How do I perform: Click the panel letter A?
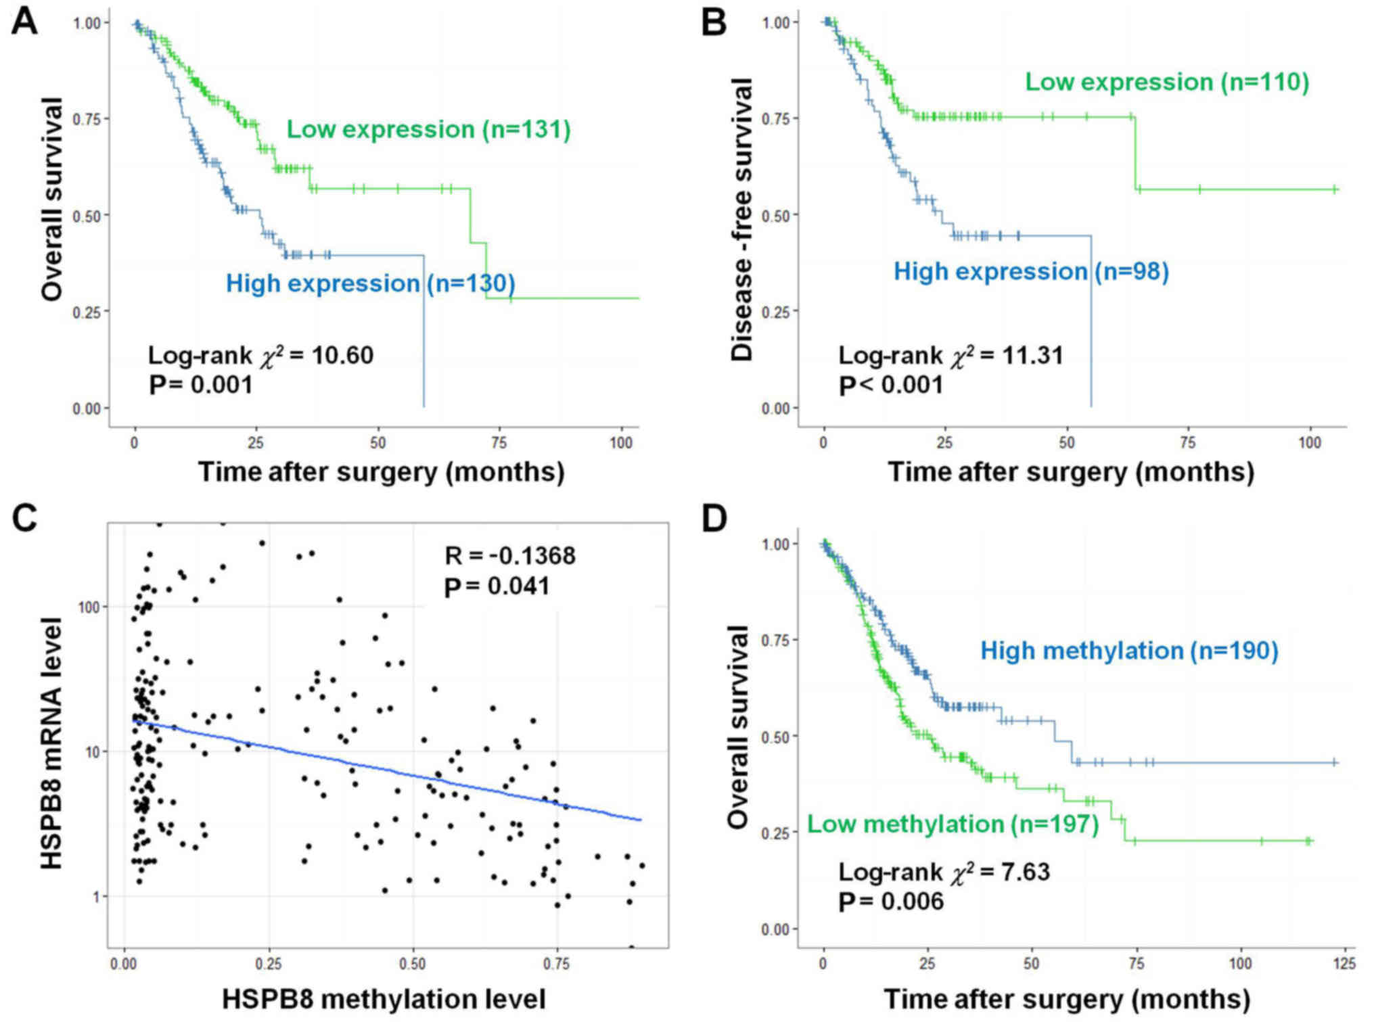25,22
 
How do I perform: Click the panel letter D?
714,519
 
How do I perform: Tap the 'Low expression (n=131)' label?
428,129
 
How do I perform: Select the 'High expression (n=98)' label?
1031,271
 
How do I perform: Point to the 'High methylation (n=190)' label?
1129,651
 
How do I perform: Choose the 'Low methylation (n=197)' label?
953,824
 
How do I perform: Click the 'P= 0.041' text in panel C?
497,586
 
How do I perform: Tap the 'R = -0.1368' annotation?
510,555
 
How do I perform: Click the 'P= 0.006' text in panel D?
891,901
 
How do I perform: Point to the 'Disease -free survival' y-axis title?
742,220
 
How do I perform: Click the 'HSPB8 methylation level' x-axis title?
384,999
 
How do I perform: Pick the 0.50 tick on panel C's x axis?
413,962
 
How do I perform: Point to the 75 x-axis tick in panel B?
1188,442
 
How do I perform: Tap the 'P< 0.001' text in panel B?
891,385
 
